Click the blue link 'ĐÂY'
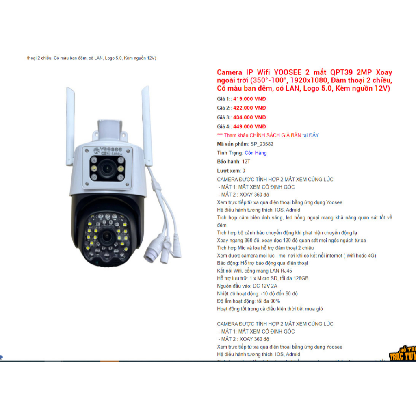[x=314, y=135]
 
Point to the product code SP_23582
[x=262, y=144]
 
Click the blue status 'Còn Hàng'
[x=256, y=153]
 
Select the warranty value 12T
[x=246, y=162]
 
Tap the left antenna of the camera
[x=71, y=114]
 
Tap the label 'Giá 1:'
[x=224, y=99]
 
